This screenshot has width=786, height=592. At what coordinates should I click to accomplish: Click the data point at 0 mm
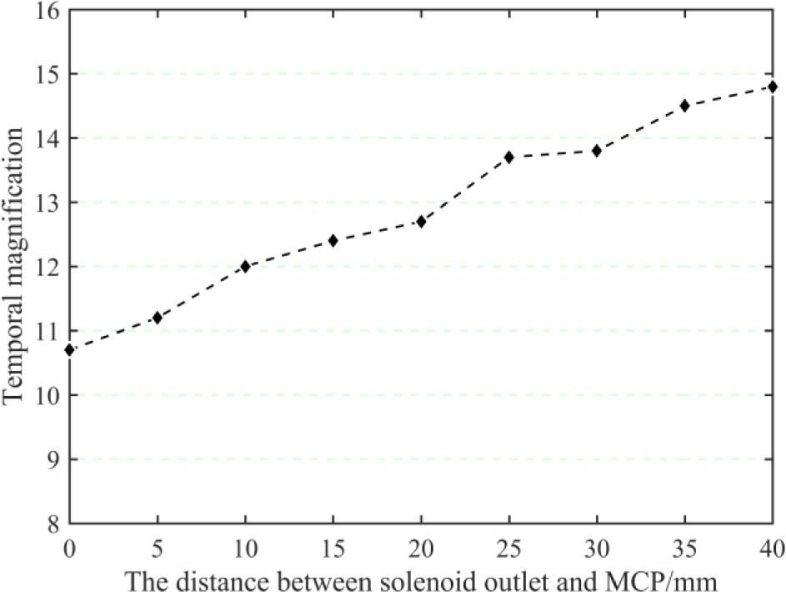(x=69, y=349)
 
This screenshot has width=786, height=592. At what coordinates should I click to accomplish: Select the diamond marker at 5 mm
(x=157, y=318)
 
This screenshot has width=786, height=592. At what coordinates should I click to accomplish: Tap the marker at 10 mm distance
(x=245, y=266)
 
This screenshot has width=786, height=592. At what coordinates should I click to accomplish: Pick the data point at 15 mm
(x=333, y=240)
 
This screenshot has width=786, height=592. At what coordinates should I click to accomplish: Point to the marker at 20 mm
(x=421, y=221)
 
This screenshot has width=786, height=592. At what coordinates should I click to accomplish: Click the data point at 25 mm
(x=509, y=157)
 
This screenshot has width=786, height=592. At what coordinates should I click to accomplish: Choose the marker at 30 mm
(x=597, y=150)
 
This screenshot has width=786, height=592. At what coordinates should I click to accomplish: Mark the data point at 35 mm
(x=685, y=105)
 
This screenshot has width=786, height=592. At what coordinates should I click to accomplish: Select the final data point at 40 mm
(x=773, y=86)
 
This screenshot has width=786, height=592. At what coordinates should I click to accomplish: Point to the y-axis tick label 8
(x=52, y=524)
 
